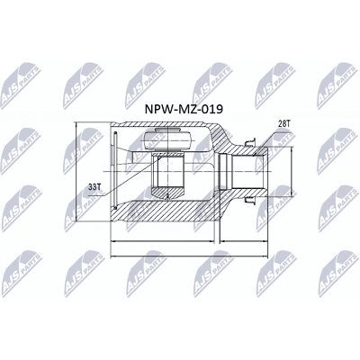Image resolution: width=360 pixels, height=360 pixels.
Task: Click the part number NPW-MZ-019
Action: (x=184, y=109)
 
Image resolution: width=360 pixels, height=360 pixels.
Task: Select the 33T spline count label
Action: (x=94, y=187)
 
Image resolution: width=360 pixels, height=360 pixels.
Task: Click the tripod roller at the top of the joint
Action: (x=167, y=139)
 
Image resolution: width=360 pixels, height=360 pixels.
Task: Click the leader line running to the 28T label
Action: (x=273, y=144)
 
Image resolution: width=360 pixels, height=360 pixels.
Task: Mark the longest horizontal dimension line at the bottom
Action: (x=189, y=256)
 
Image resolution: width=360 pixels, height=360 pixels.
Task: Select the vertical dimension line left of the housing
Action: (x=76, y=172)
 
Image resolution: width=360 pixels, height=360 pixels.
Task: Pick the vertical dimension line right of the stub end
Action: (x=292, y=171)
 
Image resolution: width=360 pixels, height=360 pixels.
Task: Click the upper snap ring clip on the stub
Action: (x=250, y=142)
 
